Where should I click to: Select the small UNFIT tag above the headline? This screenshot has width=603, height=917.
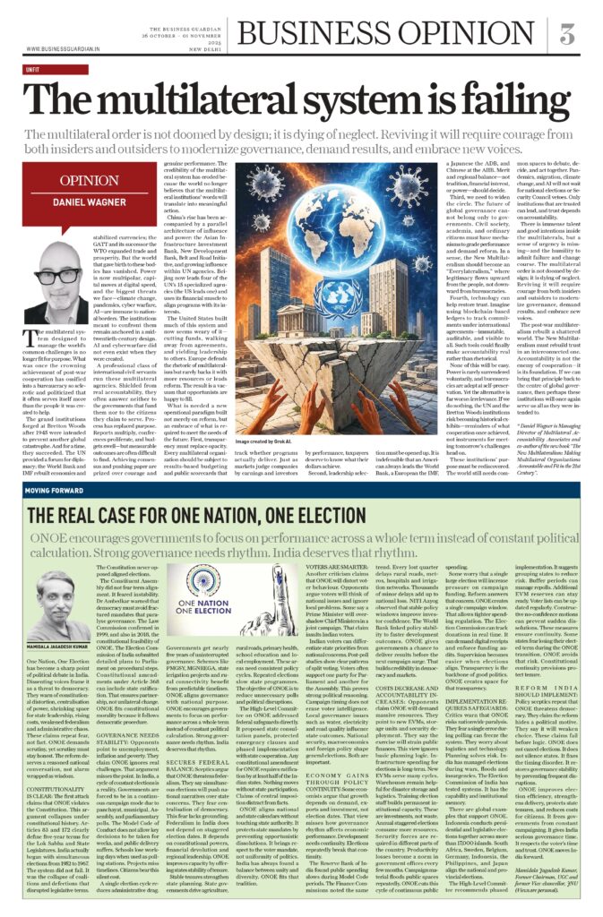coord(33,68)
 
